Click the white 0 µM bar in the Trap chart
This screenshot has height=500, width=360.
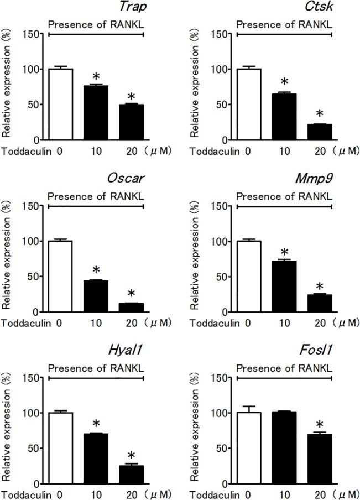(x=60, y=105)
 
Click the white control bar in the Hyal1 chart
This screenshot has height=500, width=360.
(x=60, y=448)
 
